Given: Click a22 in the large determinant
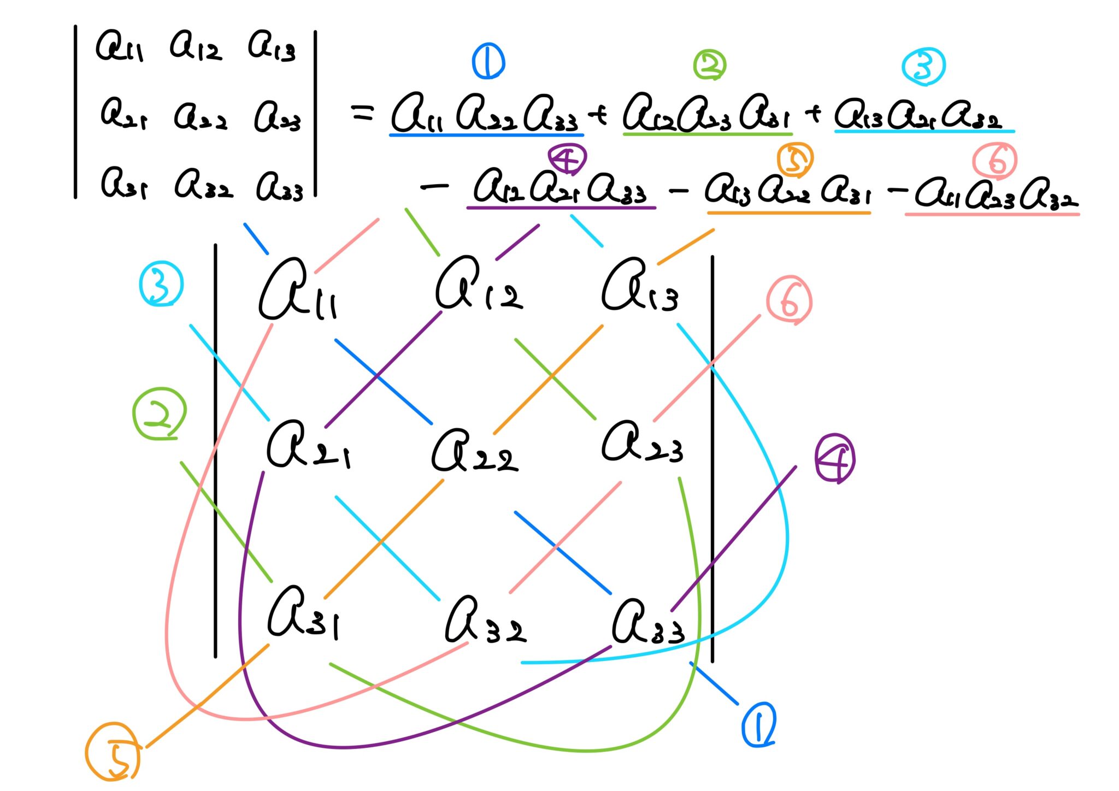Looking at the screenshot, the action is tap(474, 451).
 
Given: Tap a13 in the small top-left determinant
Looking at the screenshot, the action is tap(272, 46).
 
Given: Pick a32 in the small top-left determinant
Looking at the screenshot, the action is tap(204, 184).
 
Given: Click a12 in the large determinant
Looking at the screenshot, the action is tap(479, 284).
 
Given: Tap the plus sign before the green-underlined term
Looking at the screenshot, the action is tap(599, 115).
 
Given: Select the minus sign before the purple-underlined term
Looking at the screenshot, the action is tap(435, 187).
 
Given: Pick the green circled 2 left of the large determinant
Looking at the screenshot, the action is tap(160, 414).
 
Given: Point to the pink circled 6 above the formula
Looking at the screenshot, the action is tap(994, 161).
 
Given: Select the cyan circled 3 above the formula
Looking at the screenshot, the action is tap(923, 67).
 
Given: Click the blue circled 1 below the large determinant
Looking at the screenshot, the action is tap(759, 725).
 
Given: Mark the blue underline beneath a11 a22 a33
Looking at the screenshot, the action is tap(486, 134).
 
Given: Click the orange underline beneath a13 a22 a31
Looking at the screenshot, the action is tap(788, 212).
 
